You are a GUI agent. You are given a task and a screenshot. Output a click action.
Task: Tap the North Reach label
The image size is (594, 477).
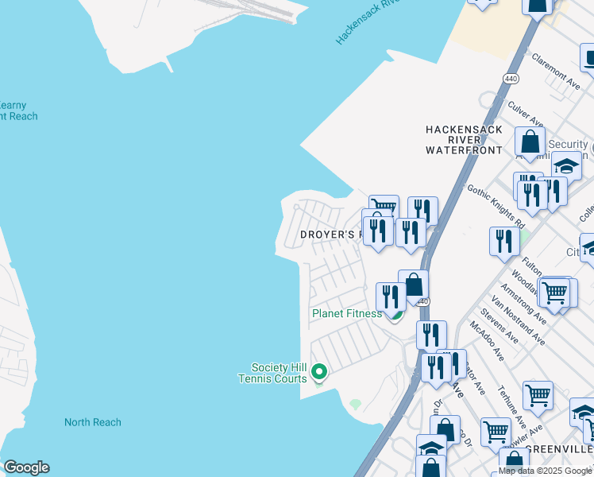click(93, 422)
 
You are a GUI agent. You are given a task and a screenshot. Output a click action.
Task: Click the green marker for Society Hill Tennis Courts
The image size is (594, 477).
click(319, 371)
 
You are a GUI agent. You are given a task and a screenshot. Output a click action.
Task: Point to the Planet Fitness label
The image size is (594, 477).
click(347, 313)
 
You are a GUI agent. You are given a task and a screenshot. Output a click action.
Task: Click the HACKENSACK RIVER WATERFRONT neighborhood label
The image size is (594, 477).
click(464, 139)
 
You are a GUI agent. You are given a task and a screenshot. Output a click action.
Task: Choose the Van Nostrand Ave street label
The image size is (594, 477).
click(518, 321)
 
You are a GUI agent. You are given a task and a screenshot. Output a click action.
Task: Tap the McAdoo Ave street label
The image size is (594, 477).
click(488, 339)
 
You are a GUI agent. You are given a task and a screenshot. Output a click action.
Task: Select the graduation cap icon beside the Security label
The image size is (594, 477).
click(566, 167)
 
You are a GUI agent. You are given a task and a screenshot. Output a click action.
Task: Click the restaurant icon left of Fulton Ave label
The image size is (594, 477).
click(503, 241)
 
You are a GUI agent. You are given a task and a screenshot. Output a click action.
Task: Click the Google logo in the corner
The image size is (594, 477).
click(25, 467)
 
